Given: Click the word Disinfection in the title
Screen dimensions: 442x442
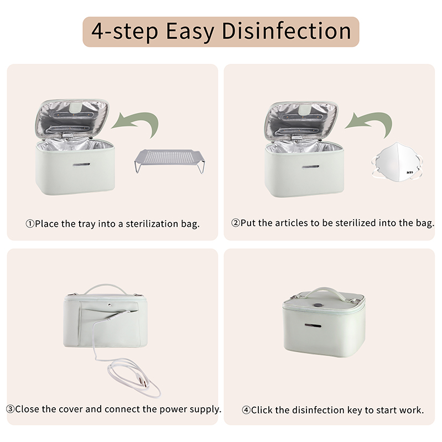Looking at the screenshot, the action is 287,31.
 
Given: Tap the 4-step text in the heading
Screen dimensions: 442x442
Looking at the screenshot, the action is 124,32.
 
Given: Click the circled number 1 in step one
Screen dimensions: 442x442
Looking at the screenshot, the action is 30,224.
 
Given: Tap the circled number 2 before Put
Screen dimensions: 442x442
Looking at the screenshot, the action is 235,223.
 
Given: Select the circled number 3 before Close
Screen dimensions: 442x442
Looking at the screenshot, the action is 10,409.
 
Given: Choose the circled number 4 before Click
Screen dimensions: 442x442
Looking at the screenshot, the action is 246,410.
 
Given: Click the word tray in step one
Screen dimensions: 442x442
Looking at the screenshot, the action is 87,224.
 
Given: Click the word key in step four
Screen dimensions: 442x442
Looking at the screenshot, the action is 355,410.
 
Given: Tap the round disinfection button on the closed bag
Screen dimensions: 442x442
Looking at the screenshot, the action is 318,305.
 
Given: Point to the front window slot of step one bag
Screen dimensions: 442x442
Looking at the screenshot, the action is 81,165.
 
